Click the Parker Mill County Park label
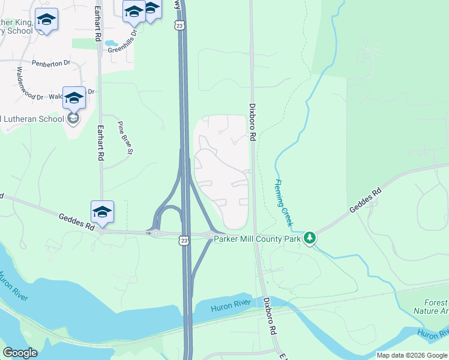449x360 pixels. tap(258, 239)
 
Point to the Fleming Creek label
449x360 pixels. tap(283, 203)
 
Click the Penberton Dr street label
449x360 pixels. tap(51, 62)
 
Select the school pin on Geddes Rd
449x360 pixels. tap(103, 212)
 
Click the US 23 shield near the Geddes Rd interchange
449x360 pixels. tap(184, 241)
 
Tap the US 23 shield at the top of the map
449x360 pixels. tap(179, 25)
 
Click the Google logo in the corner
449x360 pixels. tap(20, 353)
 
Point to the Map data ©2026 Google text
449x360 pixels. tap(412, 355)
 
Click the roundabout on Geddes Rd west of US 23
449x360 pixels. tap(155, 232)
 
